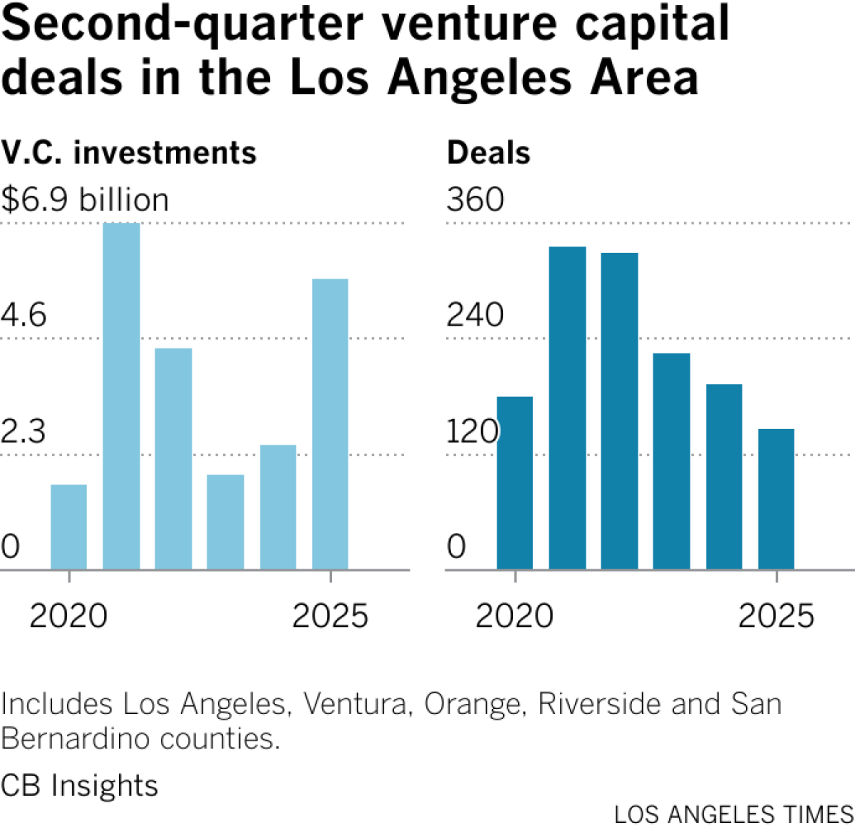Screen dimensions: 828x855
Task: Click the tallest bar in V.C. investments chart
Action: point(121,395)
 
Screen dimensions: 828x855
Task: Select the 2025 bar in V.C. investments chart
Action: point(330,424)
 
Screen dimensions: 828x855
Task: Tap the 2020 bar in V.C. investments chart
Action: point(68,527)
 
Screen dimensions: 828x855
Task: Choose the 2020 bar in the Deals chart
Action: point(514,482)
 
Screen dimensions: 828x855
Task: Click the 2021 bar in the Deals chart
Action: point(567,408)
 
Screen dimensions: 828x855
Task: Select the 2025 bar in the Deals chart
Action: point(776,499)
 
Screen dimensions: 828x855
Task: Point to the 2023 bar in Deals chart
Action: point(671,461)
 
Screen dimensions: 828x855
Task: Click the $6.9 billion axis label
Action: point(85,200)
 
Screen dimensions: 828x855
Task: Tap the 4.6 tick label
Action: point(24,315)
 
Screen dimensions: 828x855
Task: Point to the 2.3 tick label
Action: point(24,432)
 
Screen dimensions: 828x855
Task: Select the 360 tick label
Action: point(475,200)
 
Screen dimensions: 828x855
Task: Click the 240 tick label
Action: point(475,315)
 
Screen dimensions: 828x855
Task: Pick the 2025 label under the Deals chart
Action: point(776,616)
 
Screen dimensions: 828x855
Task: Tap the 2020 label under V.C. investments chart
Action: point(68,616)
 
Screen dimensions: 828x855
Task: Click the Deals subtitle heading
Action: point(489,152)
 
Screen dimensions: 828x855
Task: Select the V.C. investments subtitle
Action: point(129,152)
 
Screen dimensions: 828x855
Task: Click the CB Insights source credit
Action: point(79,785)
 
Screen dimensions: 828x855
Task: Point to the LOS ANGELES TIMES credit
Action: point(734,814)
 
